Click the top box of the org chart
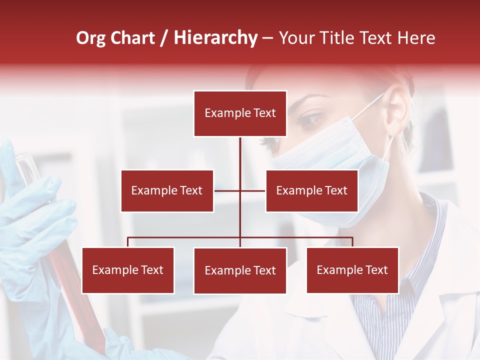coord(240,113)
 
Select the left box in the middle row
coord(167,190)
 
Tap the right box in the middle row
coord(311,190)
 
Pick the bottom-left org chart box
coord(128,270)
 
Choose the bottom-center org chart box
coord(240,270)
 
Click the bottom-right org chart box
coord(352,270)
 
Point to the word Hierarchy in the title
coord(215,38)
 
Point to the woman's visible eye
coord(311,118)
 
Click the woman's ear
coord(397,115)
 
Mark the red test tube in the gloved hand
coord(65,260)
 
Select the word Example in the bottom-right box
coord(339,270)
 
